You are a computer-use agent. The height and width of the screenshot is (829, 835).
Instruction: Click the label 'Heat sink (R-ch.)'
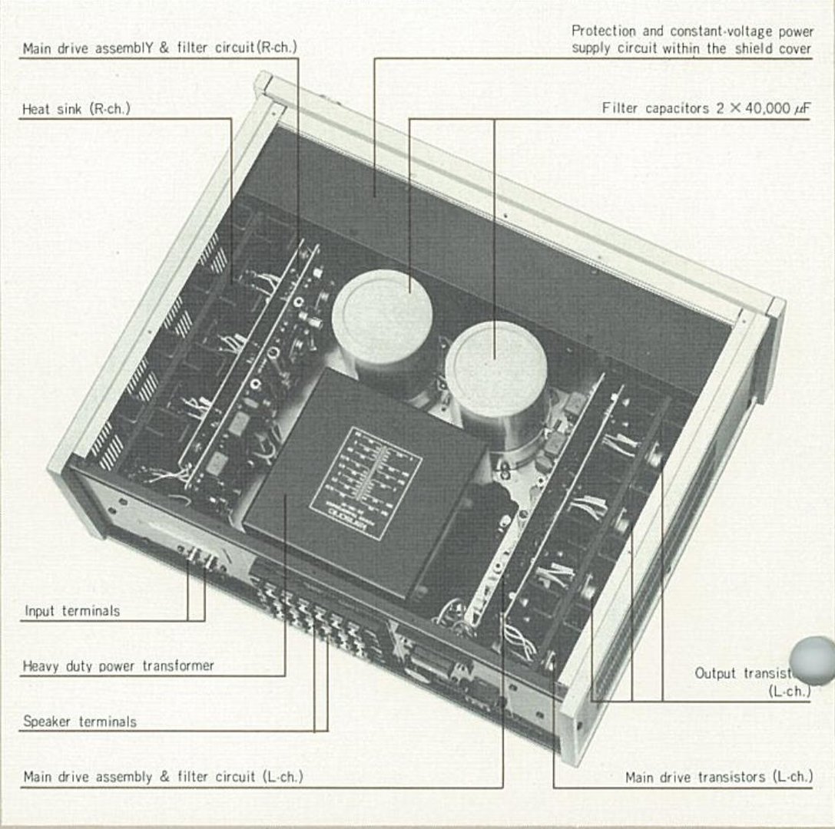76,109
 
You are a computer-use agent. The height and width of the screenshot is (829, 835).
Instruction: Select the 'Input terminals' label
72,612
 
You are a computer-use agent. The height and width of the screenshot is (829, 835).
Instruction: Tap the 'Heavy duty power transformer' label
118,666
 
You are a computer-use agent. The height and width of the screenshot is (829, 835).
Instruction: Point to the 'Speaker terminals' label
80,722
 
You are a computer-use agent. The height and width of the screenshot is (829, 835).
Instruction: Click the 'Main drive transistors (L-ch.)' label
718,778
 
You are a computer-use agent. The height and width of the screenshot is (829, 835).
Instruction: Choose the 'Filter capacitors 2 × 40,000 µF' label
707,108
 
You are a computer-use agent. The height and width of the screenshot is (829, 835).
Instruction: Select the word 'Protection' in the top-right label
603,32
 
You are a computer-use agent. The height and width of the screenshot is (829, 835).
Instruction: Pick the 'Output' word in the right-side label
715,673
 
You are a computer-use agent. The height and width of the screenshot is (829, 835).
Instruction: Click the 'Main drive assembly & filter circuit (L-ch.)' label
163,777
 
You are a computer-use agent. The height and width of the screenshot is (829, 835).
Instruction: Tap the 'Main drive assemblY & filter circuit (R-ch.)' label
160,48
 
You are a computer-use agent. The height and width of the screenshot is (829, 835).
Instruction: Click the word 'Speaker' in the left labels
48,722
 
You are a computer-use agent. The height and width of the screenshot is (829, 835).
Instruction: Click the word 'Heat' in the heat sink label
35,109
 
